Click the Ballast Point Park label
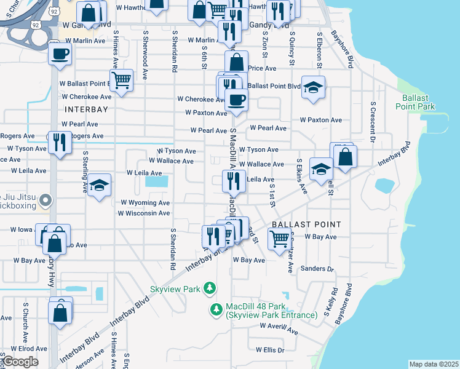coord(418,102)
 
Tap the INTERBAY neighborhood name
coord(86,109)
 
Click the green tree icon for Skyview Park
coord(210,288)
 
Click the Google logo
coord(20,362)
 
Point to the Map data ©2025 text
coord(434,364)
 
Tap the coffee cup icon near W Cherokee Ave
coord(236,99)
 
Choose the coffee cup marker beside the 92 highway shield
coord(60,54)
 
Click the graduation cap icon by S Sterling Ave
coord(98,185)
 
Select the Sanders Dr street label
coord(317,269)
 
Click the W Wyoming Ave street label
coord(145,202)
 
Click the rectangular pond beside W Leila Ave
coord(157,182)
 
